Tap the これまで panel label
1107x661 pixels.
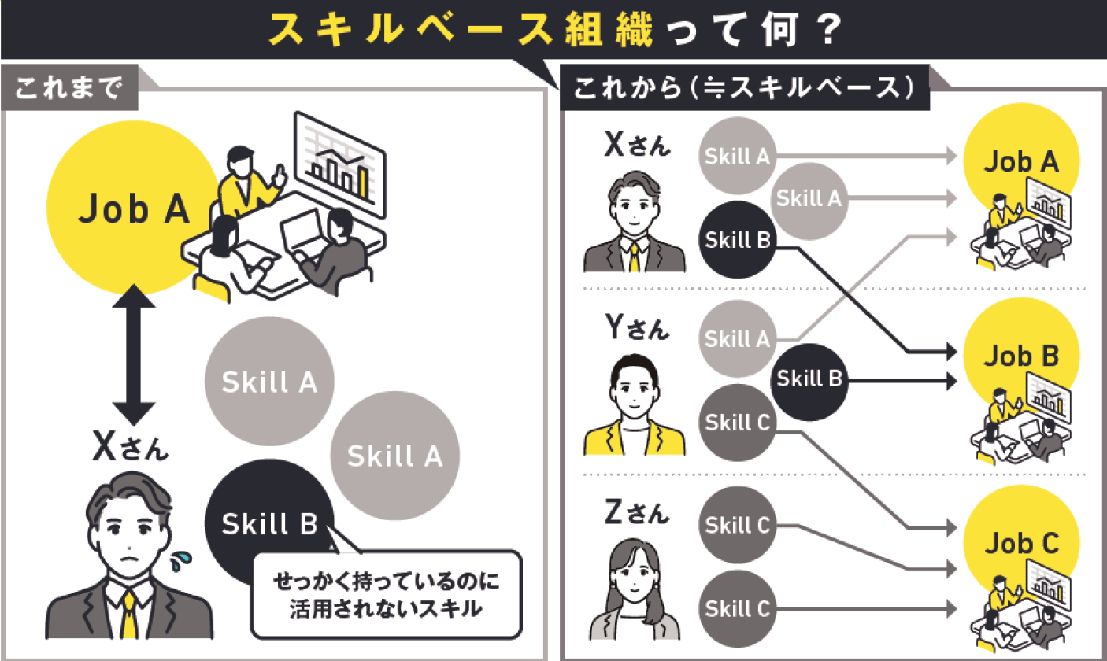[70, 88]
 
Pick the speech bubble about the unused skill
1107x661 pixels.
[386, 594]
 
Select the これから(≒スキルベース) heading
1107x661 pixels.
[744, 88]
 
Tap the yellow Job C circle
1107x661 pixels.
[1020, 543]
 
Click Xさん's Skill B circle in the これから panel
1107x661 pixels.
[737, 240]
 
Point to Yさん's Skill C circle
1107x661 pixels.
[737, 423]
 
